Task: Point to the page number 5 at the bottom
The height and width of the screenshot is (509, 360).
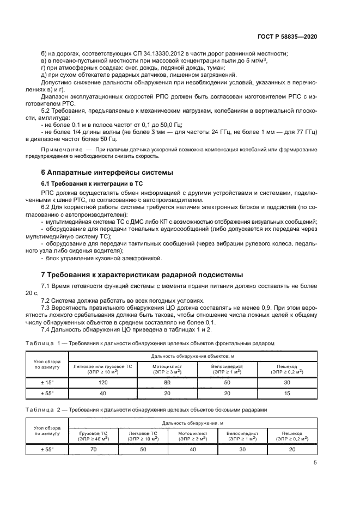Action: pos(315,463)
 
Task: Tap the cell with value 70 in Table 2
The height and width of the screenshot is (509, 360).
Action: pos(93,449)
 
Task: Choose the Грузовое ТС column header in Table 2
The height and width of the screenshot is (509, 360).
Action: pos(93,436)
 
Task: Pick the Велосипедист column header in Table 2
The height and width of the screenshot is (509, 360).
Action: pos(242,436)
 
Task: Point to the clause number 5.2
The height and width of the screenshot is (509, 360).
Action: pos(47,111)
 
